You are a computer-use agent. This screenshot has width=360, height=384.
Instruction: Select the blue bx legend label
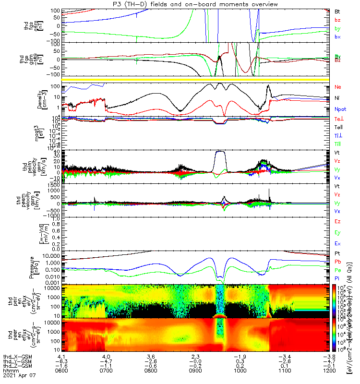tap(337, 36)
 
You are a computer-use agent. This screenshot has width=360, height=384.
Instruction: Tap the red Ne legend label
tap(337, 87)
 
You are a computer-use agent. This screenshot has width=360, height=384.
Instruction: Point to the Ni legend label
tap(337, 98)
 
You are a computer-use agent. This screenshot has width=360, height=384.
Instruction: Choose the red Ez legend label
tap(337, 222)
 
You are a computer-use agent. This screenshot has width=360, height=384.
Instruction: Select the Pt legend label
tap(337, 253)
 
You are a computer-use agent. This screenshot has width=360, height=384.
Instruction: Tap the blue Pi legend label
tap(337, 278)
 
